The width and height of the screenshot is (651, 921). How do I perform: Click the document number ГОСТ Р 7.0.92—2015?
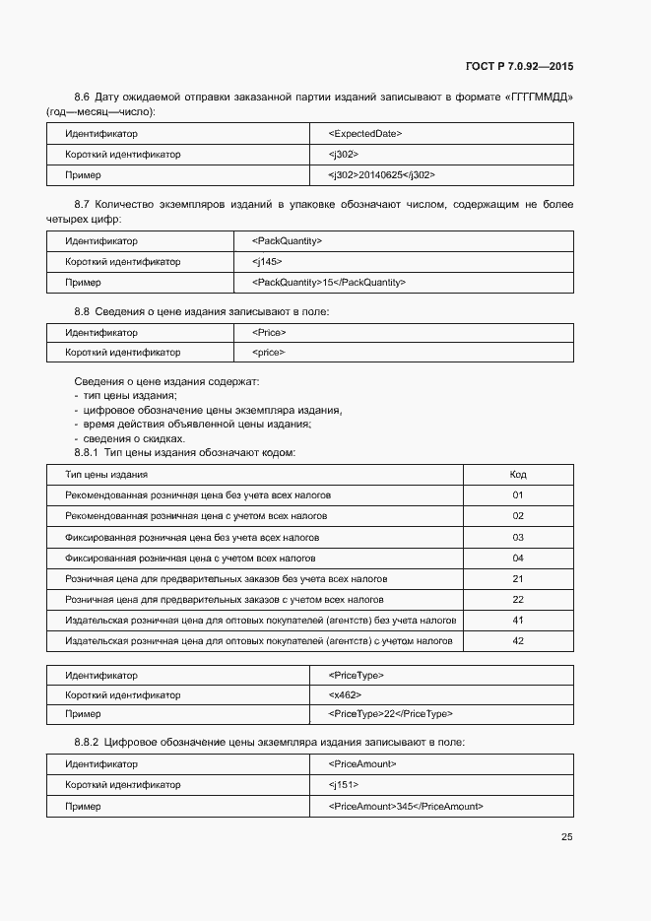519,67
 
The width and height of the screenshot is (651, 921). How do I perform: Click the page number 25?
566,837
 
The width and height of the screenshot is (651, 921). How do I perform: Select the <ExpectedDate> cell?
364,133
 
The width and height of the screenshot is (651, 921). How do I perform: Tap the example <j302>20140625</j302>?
381,174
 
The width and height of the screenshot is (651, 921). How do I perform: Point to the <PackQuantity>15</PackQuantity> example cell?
329,283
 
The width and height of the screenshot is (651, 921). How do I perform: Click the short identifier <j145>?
267,262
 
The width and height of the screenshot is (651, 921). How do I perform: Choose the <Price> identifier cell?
269,332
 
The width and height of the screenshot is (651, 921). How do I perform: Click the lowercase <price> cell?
269,353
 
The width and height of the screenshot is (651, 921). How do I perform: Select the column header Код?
517,475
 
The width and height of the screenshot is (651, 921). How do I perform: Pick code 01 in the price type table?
517,495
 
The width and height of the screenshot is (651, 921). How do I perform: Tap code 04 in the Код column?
517,558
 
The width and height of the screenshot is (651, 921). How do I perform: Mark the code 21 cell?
517,578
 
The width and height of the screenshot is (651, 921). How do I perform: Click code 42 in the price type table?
517,641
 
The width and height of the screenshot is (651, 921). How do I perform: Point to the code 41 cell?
517,621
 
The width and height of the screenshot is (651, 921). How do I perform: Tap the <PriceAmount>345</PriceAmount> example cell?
405,806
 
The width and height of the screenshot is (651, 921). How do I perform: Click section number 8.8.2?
87,742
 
